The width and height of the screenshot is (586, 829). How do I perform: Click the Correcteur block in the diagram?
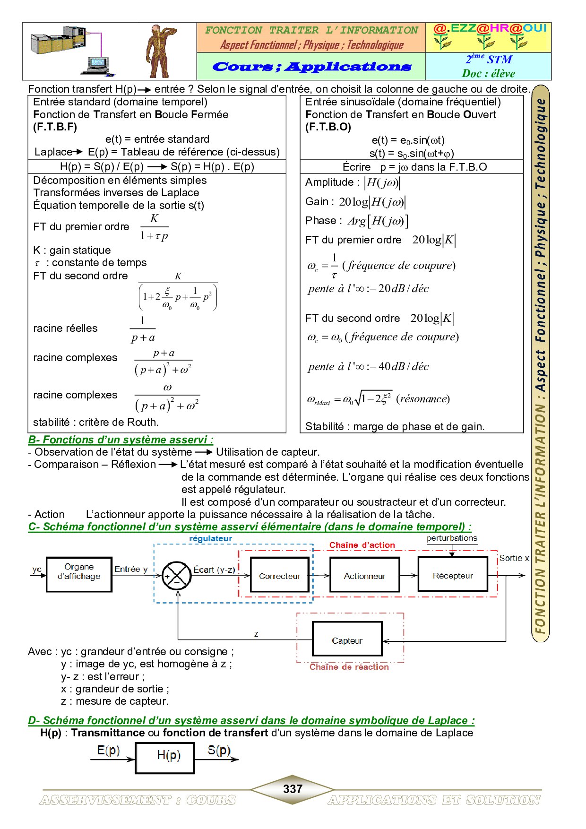pos(279,575)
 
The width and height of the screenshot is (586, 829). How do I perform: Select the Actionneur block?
pos(364,575)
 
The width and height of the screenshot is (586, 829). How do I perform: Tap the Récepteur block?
pos(452,575)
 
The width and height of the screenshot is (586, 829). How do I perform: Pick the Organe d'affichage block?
pos(79,574)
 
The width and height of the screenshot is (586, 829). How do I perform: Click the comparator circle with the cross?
pos(176,576)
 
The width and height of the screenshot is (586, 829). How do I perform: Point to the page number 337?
pos(293,789)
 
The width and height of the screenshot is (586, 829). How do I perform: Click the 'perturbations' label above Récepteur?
pos(452,538)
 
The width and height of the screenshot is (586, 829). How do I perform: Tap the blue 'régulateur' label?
pos(210,539)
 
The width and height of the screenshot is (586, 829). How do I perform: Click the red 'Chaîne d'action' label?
pos(362,545)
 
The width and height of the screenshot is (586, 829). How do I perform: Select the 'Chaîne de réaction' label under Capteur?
pos(349,667)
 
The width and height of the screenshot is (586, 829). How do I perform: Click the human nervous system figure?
pos(160,51)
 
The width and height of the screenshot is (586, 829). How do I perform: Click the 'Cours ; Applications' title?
pos(311,67)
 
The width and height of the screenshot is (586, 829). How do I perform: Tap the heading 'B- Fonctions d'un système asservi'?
pos(121,440)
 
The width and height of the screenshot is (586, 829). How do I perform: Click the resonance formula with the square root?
pos(378,399)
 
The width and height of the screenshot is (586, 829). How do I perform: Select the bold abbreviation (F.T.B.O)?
pos(328,127)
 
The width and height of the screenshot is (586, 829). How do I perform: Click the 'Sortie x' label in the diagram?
pos(514,558)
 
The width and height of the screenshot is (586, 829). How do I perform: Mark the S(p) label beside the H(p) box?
pos(219,750)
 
